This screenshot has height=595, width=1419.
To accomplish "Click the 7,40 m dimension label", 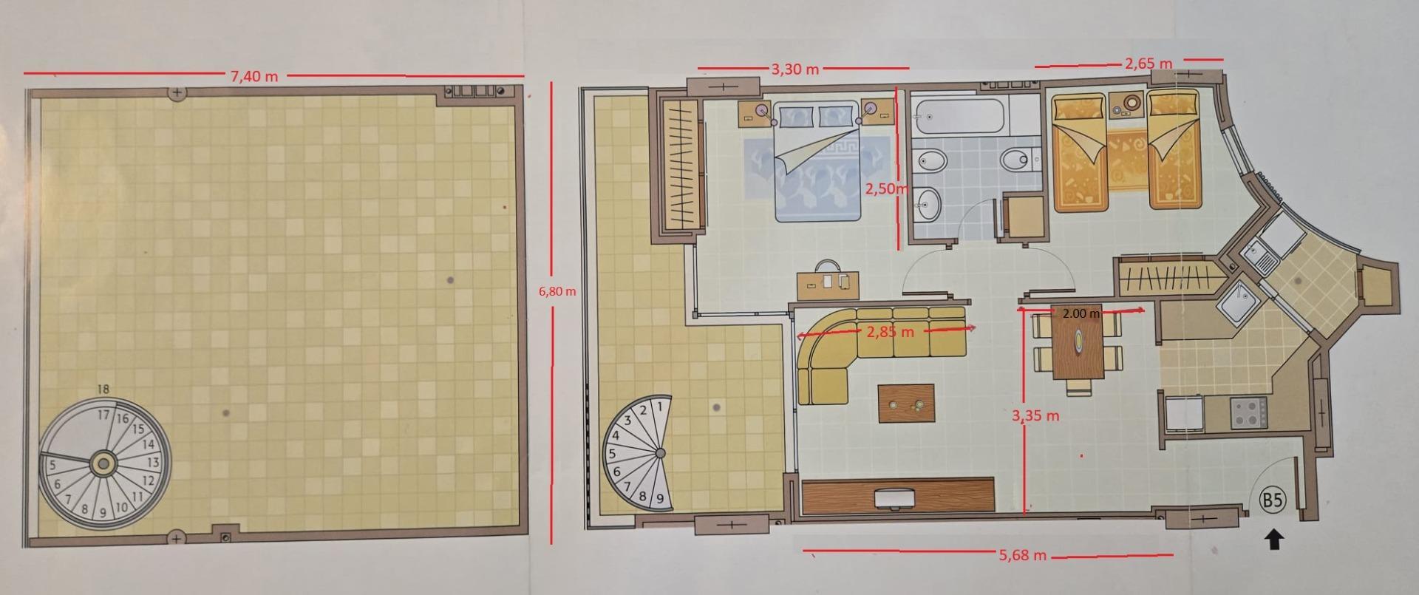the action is [x=254, y=76].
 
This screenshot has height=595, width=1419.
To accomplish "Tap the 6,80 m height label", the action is [x=557, y=291].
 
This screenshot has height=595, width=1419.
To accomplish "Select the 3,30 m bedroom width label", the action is [x=795, y=69].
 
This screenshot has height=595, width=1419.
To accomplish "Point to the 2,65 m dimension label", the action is [x=1149, y=64].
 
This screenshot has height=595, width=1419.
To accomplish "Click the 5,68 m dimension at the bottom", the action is [x=1022, y=554].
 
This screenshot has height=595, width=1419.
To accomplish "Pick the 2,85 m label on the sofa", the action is [x=890, y=332].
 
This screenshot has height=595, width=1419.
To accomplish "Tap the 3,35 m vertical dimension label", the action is [x=1035, y=416].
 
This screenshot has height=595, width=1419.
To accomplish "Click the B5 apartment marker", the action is [x=1272, y=500].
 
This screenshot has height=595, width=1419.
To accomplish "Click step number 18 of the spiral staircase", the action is [x=103, y=390].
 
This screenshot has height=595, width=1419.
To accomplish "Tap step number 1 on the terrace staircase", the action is [x=660, y=405].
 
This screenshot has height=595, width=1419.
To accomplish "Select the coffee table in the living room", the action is [x=906, y=404].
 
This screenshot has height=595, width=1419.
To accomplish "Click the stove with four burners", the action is [x=1248, y=412].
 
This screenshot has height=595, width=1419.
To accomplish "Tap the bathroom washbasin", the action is [x=927, y=202].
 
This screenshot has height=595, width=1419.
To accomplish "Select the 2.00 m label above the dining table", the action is [x=1081, y=313].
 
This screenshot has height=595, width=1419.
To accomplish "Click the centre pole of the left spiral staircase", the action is [x=103, y=464].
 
